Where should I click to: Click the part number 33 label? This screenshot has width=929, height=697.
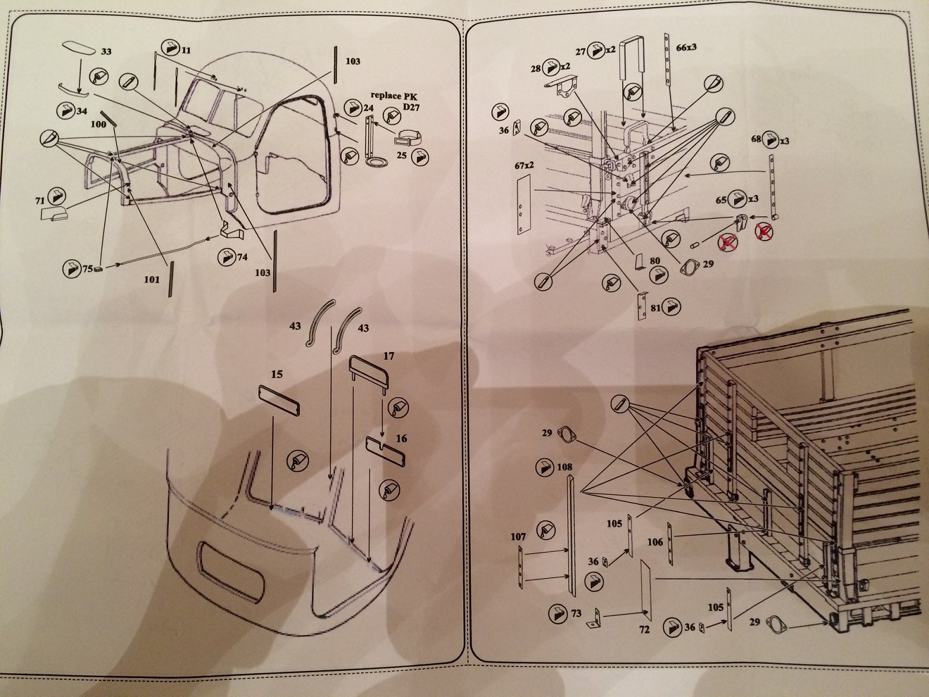(x=106, y=52)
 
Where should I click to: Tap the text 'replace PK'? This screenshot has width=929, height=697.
(x=396, y=95)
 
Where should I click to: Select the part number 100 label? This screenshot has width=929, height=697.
(x=98, y=124)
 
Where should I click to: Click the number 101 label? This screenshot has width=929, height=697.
(x=152, y=279)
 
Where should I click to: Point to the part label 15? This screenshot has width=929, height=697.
(x=277, y=375)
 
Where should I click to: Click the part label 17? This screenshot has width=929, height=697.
(x=389, y=357)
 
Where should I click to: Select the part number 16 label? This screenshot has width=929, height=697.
(x=402, y=439)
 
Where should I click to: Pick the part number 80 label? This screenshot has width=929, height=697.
(x=655, y=260)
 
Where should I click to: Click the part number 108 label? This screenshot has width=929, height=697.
(x=565, y=467)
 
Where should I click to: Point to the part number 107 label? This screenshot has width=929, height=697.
(x=518, y=537)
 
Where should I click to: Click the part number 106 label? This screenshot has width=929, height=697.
(x=655, y=542)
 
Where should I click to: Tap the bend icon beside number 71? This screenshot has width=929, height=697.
(x=58, y=195)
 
